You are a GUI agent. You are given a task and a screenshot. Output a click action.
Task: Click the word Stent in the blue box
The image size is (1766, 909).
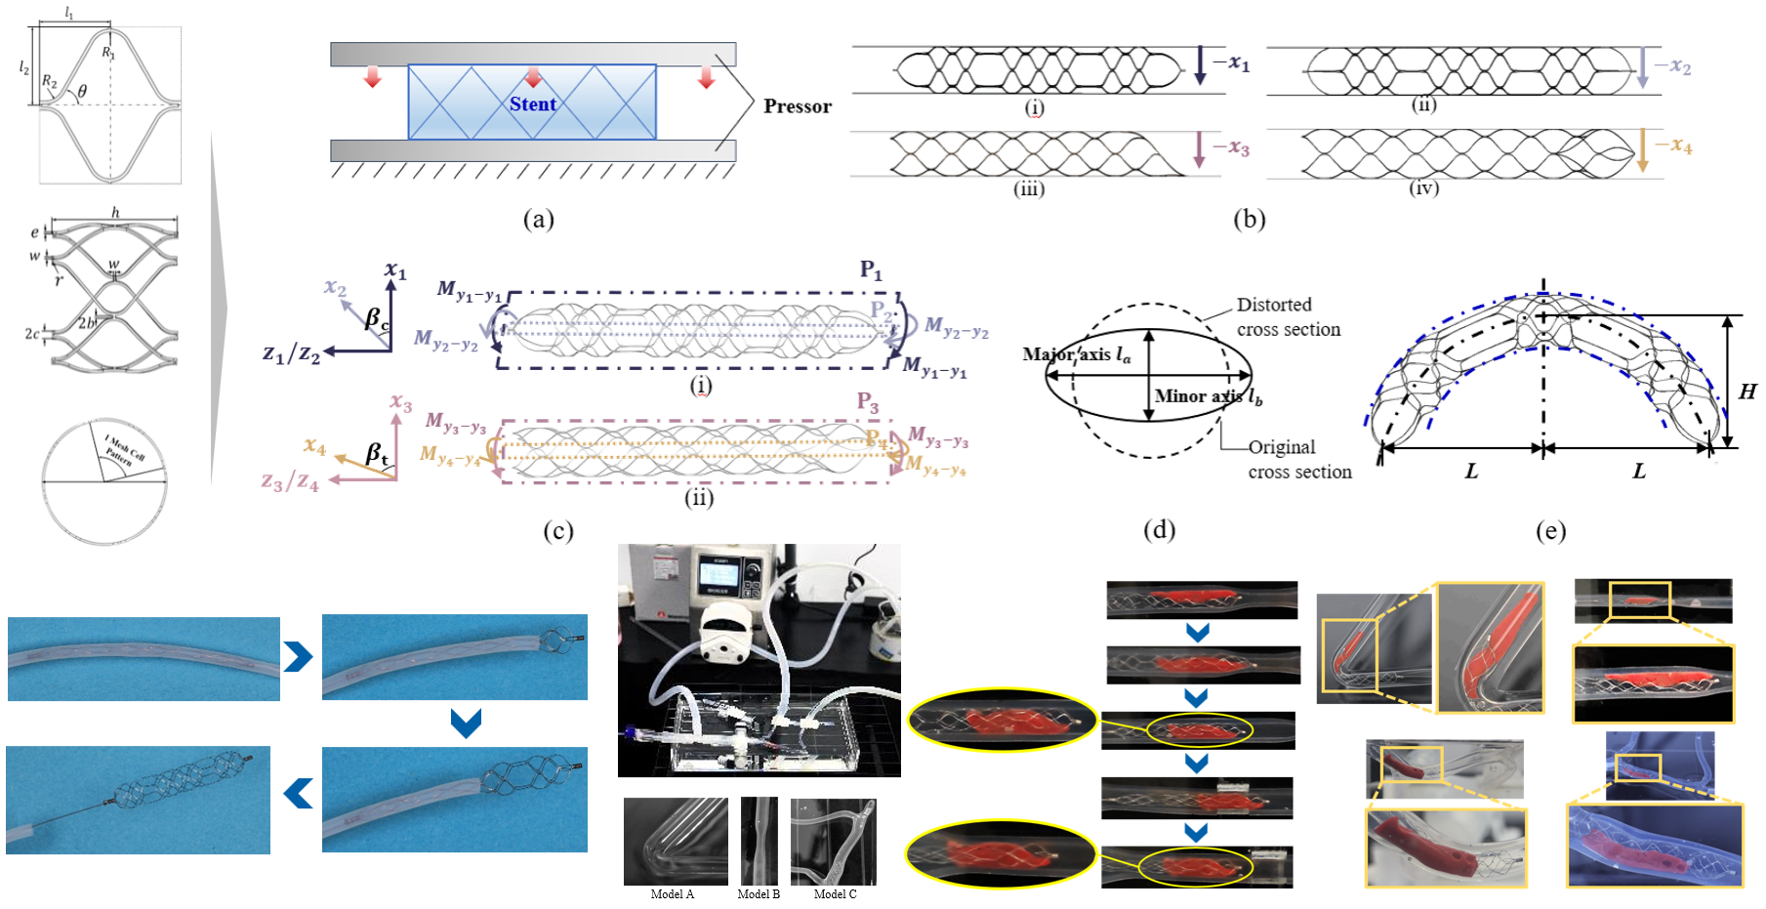tap(532, 103)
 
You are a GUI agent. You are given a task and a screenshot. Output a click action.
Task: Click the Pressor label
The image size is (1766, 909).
tap(797, 106)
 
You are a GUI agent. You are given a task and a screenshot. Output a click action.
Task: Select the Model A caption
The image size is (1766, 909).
tap(672, 894)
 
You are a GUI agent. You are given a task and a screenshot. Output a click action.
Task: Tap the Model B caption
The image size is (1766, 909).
tap(759, 894)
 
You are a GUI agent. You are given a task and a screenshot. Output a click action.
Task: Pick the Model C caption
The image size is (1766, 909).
tap(835, 894)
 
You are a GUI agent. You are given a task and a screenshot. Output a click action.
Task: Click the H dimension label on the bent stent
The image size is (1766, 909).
tap(1746, 392)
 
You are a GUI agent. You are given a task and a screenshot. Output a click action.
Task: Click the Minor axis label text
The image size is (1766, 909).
tap(1208, 396)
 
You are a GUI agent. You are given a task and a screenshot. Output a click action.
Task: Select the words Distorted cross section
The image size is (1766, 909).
tap(1288, 317)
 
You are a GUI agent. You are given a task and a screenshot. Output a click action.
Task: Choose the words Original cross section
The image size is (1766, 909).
tap(1298, 460)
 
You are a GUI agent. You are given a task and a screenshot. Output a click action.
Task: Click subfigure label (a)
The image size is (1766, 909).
tap(538, 219)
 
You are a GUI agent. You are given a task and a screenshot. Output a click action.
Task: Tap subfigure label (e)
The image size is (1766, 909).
tap(1550, 530)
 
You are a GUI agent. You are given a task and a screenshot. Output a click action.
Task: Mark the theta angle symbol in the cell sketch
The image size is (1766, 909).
tap(82, 92)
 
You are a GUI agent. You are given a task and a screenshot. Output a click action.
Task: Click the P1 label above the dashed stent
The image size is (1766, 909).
tap(870, 269)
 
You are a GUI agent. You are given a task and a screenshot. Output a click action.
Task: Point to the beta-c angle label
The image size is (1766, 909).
tap(377, 318)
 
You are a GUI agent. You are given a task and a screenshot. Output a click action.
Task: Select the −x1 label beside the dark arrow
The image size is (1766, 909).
tap(1231, 62)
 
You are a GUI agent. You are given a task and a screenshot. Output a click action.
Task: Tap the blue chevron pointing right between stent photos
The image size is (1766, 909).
tap(298, 656)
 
